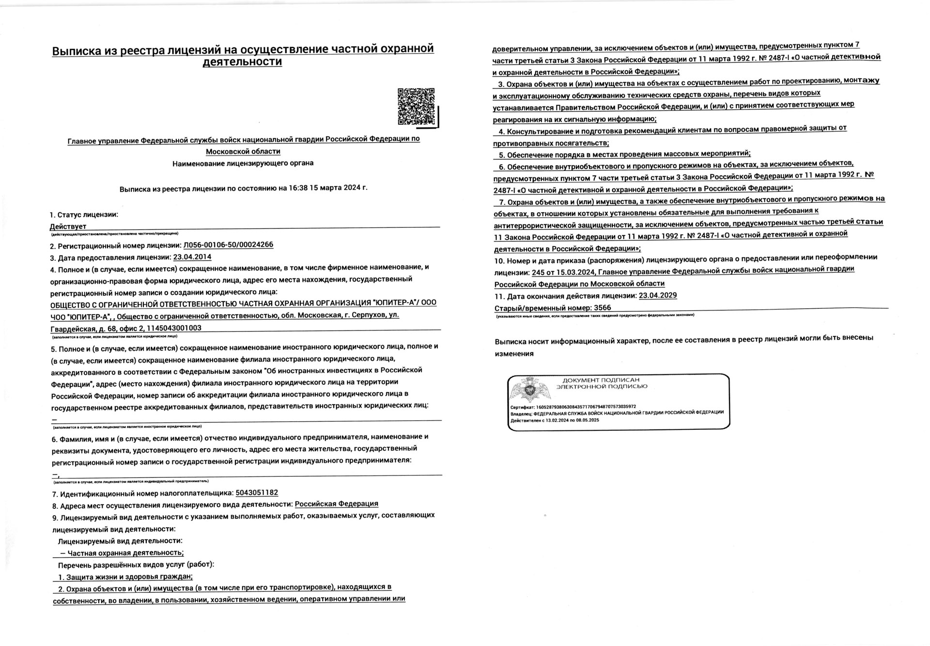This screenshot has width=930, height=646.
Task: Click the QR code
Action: pos(417,106)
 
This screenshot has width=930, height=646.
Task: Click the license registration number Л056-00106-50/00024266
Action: pos(228,245)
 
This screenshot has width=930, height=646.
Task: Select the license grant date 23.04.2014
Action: pos(192,257)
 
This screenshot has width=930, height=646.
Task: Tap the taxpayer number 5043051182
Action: pos(257,493)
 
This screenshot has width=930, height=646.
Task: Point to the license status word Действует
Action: pos(68,226)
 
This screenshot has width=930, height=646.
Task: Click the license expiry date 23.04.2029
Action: pos(657,296)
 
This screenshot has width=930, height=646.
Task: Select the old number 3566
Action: pos(602,308)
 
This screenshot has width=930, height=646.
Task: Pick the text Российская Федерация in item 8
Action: pos(336,504)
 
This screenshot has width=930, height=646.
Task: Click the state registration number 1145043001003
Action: pos(174,328)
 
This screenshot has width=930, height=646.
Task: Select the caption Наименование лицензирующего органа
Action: pos(243,163)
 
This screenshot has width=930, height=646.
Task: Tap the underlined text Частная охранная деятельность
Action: pos(125,553)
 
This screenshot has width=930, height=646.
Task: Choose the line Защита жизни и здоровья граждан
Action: pos(125,577)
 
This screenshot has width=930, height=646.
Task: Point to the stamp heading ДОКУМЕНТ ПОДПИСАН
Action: pos(601,380)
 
